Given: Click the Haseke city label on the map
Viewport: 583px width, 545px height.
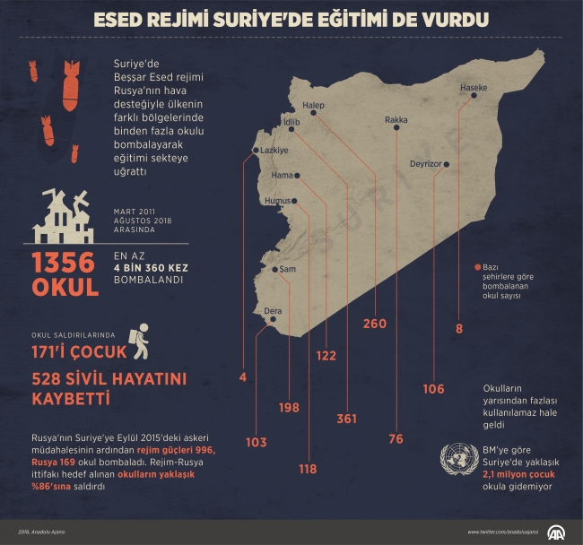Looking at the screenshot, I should point(473,88).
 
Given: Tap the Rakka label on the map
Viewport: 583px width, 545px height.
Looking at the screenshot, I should point(396,119).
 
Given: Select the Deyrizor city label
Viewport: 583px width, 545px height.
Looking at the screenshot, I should point(425,165).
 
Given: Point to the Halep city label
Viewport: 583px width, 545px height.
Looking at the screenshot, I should point(313,104).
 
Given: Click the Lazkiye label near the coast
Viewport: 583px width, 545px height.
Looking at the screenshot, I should point(274,151).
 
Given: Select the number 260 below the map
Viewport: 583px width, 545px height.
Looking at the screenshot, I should point(375,323).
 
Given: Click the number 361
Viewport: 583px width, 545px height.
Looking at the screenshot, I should point(346,419).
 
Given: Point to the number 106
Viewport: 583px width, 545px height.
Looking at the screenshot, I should point(433,388).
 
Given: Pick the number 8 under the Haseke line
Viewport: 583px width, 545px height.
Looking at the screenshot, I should point(459,329).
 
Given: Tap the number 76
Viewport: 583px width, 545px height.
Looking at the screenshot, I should point(396,438).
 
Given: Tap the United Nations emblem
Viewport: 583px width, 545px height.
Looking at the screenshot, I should point(458,459).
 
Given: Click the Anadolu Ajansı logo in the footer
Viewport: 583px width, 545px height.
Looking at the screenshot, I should point(557,532).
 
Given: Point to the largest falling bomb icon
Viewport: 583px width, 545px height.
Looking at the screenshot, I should point(70,91).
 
